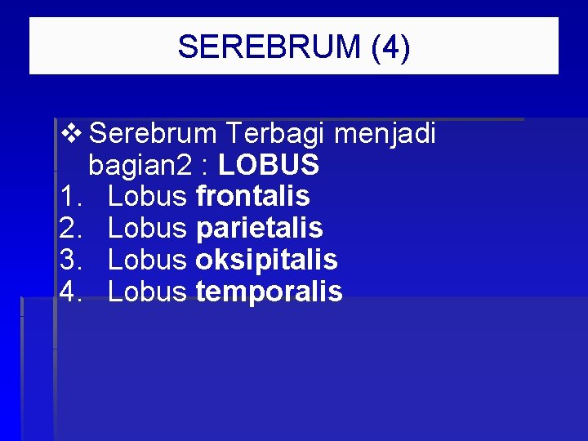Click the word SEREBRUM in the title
pyautogui.click(x=269, y=47)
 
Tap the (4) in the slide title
pyautogui.click(x=390, y=47)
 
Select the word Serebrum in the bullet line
pyautogui.click(x=153, y=133)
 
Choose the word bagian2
pyautogui.click(x=140, y=167)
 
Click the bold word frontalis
pyautogui.click(x=252, y=196)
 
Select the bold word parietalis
pyautogui.click(x=259, y=228)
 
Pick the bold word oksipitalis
pyautogui.click(x=266, y=260)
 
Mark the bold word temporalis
pyautogui.click(x=269, y=292)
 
